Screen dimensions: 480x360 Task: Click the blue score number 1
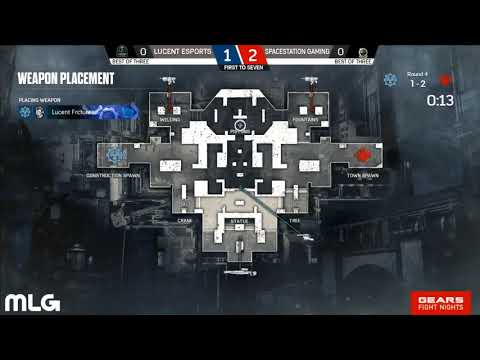(228, 52)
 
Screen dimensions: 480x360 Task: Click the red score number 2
(254, 52)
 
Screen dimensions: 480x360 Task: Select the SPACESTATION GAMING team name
(299, 50)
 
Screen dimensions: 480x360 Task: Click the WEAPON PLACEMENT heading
(65, 78)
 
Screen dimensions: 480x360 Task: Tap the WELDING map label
(169, 119)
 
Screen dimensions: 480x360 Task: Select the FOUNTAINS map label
(307, 119)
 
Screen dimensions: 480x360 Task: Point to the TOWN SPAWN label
(363, 174)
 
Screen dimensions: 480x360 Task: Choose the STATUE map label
(239, 220)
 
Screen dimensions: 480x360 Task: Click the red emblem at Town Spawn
(362, 155)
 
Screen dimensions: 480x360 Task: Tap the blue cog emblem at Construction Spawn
(116, 155)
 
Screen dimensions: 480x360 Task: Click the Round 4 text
(417, 74)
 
